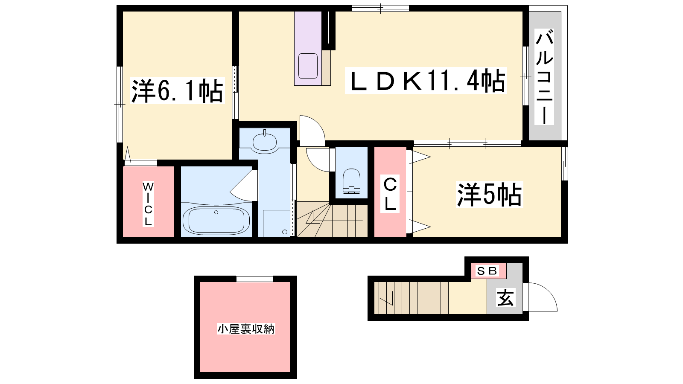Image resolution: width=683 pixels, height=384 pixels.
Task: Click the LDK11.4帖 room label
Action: pos(426,81)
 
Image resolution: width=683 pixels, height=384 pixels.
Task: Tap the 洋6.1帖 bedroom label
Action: pos(177,90)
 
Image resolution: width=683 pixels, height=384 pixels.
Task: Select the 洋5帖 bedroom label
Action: pos(489,194)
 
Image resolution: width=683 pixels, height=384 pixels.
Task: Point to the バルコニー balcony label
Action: pos(544,77)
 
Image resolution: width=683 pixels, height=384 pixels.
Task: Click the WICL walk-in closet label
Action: pos(148,203)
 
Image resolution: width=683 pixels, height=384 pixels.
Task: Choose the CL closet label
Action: pos(390,194)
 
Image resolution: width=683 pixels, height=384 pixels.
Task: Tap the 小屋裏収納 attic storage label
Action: pos(246,329)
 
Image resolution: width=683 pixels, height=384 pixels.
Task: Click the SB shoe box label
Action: pos(487,271)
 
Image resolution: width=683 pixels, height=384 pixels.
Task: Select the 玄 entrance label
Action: pos(505,297)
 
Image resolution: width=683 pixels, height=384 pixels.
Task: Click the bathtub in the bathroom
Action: pos(216,220)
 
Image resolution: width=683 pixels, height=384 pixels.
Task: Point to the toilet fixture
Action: pos(351,181)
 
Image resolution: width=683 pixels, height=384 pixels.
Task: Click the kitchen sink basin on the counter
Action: pos(308,66)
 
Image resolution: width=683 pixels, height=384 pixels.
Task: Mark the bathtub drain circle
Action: pos(216,212)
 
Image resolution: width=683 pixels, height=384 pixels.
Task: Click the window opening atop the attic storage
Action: pos(254,279)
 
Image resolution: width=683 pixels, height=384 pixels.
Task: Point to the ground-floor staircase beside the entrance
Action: pos(412,298)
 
